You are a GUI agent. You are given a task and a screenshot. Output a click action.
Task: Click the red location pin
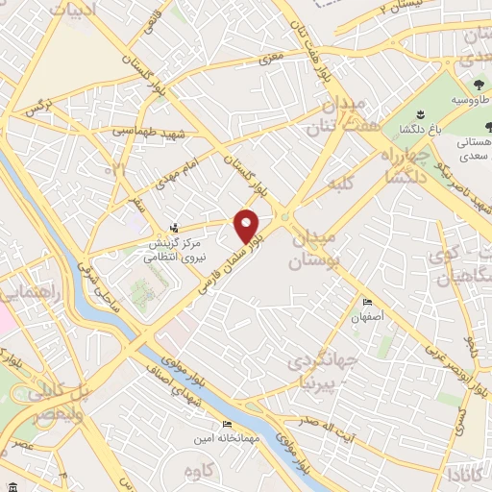click(248, 225)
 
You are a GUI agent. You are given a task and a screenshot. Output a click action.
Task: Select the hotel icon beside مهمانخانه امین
click(227, 424)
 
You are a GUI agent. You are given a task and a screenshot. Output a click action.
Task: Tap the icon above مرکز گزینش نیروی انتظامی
click(173, 227)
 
